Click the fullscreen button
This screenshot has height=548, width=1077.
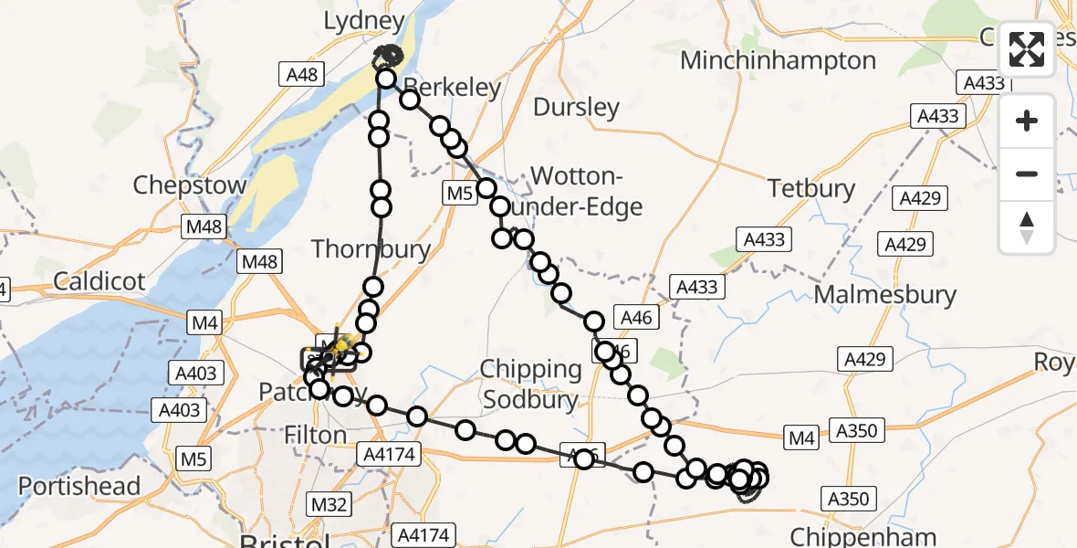point(1027,49)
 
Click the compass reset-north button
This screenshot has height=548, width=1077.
point(1027,227)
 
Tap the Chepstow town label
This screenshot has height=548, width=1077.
point(190,185)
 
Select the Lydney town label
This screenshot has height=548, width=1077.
point(365,21)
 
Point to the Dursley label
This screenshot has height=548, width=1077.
point(576,108)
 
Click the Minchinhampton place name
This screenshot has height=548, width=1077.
point(779,61)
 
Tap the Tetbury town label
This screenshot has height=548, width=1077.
point(811,189)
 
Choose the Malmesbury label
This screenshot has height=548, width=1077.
point(884,295)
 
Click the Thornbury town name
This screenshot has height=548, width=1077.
point(371,248)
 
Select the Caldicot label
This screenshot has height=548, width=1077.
point(99,281)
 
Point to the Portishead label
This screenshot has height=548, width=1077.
point(79,486)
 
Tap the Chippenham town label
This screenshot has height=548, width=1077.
point(863,537)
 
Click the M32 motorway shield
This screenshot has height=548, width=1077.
point(329,503)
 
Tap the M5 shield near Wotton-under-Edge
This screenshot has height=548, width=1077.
point(458,193)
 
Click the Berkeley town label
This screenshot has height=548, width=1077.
point(455,89)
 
